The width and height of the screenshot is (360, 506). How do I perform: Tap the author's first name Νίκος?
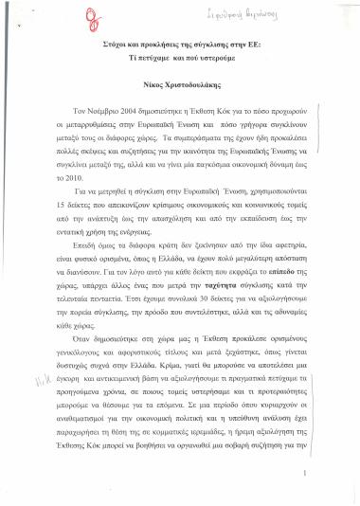[153, 81]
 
